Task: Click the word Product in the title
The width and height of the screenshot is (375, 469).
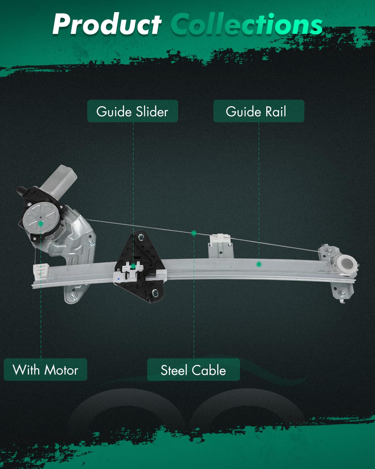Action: (107, 24)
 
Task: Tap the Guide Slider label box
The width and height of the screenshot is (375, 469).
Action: (132, 111)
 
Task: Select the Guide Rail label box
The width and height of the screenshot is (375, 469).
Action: (258, 111)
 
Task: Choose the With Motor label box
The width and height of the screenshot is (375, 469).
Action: (45, 370)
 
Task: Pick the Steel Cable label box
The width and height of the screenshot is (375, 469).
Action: (193, 370)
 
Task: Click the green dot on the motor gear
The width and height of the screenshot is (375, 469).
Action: (41, 223)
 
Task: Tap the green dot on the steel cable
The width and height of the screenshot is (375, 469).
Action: (194, 233)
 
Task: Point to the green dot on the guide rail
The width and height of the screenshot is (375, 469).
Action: (259, 265)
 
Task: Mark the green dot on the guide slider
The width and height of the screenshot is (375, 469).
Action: (133, 266)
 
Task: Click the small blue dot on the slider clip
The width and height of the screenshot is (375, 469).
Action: (118, 278)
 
